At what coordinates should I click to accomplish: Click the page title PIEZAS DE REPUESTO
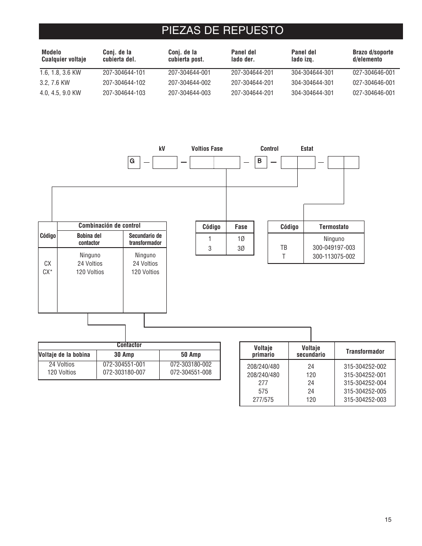(223, 31)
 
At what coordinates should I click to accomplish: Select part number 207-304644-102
(124, 83)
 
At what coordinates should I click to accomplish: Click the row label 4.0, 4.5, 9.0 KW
(60, 93)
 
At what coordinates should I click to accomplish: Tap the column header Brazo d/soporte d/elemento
(372, 56)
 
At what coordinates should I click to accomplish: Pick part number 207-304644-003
(189, 93)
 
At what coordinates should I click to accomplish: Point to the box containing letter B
(260, 161)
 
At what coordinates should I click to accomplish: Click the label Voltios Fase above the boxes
(207, 149)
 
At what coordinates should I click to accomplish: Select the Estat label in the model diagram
(307, 149)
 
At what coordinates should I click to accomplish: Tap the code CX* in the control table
(48, 272)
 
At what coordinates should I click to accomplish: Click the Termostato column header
(334, 227)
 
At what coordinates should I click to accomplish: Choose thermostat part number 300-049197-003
(334, 248)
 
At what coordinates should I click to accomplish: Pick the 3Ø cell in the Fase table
(241, 248)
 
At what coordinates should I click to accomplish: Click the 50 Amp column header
(191, 355)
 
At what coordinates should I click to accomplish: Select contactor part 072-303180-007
(124, 372)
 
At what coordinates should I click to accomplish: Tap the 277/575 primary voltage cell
(263, 400)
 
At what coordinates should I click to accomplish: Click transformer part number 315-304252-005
(364, 391)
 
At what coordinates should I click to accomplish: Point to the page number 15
(388, 520)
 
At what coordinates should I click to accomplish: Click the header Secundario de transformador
(145, 239)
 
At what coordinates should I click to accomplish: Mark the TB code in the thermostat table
(284, 248)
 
